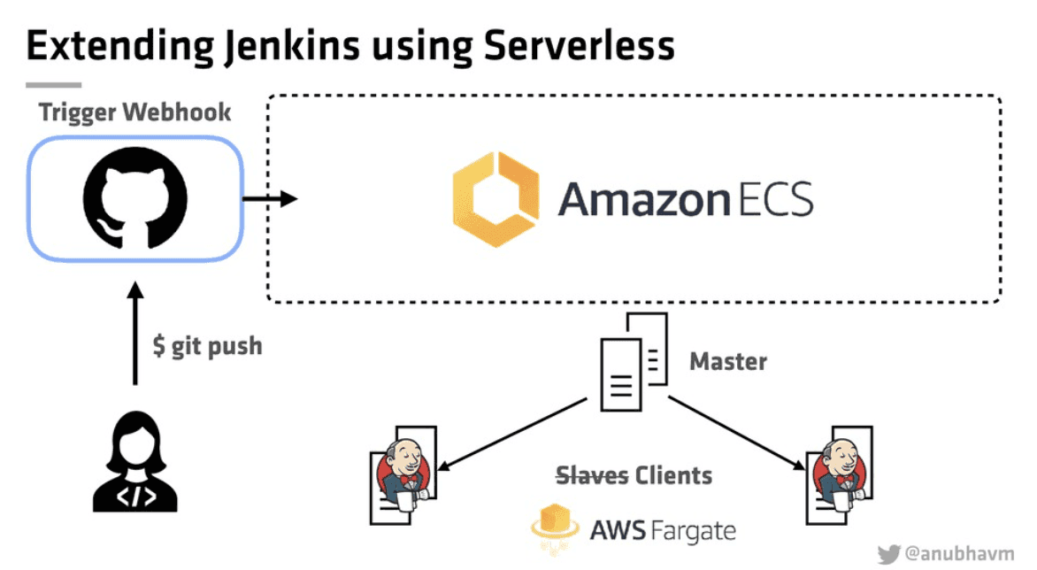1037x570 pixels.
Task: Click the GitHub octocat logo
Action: (x=134, y=200)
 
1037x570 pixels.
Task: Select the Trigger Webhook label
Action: (x=134, y=112)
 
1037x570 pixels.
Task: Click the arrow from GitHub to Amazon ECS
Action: (x=269, y=199)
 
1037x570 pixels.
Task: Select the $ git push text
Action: (x=207, y=344)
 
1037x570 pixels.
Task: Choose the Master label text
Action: (x=728, y=361)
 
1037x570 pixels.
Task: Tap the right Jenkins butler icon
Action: (x=833, y=476)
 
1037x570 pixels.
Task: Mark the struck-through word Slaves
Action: (x=592, y=475)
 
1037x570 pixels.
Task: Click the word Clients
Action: (x=673, y=475)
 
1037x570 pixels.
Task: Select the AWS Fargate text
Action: (x=663, y=530)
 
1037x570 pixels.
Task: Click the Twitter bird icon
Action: (x=888, y=552)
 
